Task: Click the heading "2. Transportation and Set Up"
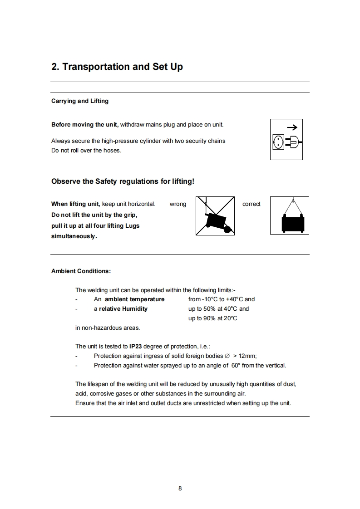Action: pyautogui.click(x=117, y=67)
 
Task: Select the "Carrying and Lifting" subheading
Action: pyautogui.click(x=80, y=101)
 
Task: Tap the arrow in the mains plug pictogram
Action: pyautogui.click(x=292, y=127)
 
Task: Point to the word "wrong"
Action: pyautogui.click(x=178, y=204)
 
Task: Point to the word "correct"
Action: pyautogui.click(x=252, y=204)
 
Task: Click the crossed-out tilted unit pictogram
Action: pyautogui.click(x=215, y=216)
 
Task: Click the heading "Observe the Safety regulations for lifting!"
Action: pyautogui.click(x=123, y=181)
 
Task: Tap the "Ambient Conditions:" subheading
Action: pyautogui.click(x=81, y=271)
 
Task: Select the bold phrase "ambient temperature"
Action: pyautogui.click(x=134, y=299)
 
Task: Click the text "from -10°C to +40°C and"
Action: pyautogui.click(x=222, y=299)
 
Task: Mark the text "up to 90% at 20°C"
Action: pyautogui.click(x=213, y=318)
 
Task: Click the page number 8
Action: pyautogui.click(x=180, y=489)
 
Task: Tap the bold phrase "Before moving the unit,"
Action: pyautogui.click(x=85, y=125)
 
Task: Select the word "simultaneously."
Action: pyautogui.click(x=74, y=236)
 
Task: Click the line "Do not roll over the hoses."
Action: pyautogui.click(x=86, y=150)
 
